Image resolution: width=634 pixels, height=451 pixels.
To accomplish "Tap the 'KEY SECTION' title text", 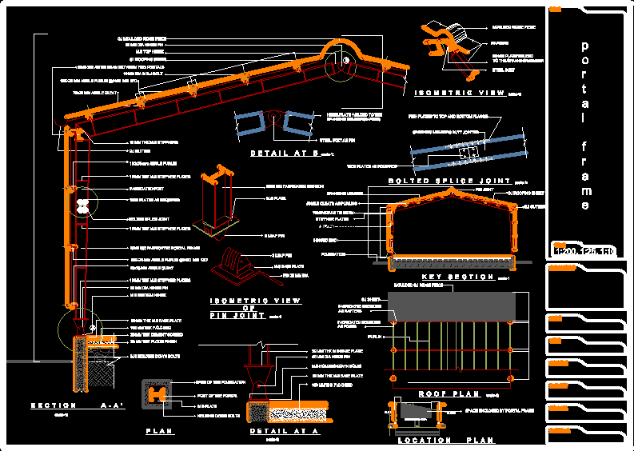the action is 451,277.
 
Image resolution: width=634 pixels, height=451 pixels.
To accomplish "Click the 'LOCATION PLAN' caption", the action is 445,441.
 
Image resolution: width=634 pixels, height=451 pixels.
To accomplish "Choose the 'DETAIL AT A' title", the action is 284,431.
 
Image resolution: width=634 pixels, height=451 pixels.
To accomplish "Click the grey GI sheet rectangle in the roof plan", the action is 452,307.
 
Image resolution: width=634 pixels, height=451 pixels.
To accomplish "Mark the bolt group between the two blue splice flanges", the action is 467,151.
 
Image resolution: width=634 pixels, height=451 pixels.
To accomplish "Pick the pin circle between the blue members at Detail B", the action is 274,122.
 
